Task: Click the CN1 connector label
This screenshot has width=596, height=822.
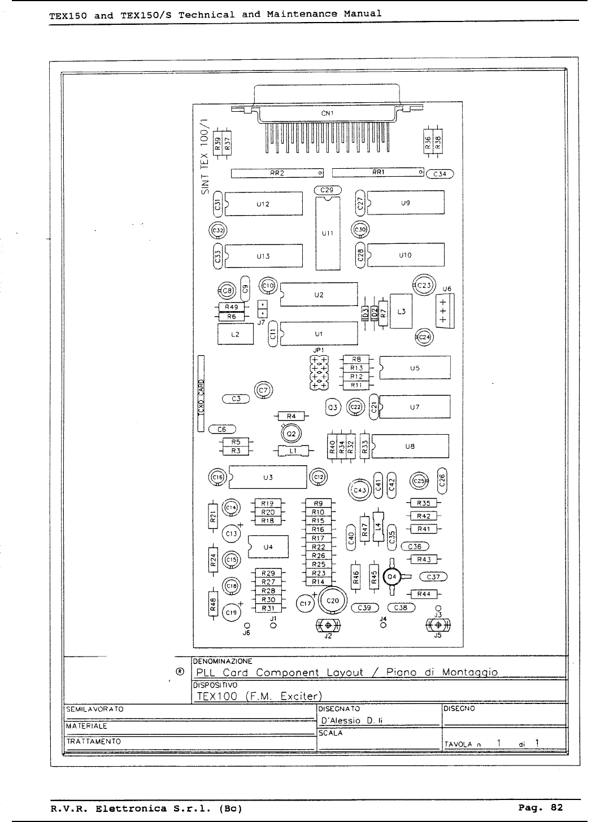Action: pos(328,113)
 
